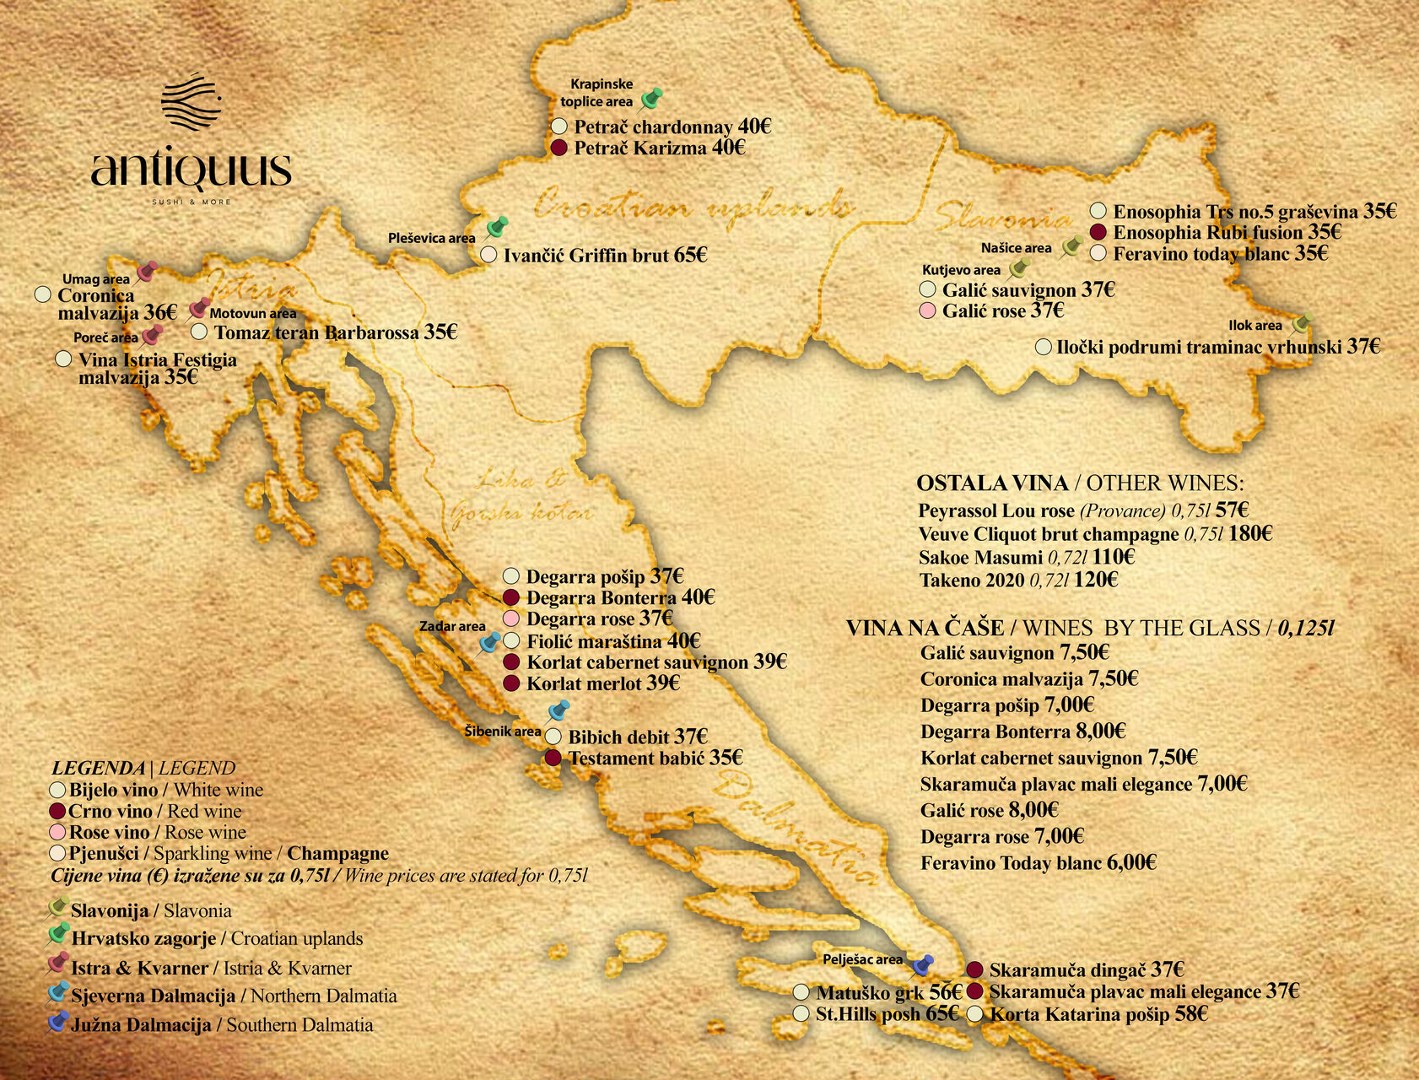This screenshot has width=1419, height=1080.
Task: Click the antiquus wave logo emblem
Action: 191,100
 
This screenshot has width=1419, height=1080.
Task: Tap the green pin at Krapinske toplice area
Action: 650,100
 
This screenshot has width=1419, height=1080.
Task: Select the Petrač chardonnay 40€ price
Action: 753,127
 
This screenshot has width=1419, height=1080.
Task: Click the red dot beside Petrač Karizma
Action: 558,148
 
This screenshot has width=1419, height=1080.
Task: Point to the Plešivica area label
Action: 431,238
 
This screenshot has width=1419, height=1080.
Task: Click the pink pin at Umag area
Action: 147,271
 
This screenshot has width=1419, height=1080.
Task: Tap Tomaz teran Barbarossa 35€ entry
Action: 335,332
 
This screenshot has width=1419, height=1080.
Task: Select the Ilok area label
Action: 1254,326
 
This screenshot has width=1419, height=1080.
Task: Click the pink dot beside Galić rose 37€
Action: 928,311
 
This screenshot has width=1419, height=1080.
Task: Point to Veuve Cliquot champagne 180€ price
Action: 1249,533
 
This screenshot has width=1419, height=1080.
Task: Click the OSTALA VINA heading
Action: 991,483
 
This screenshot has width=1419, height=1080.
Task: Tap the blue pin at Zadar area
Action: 489,644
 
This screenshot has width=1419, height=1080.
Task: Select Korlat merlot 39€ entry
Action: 602,683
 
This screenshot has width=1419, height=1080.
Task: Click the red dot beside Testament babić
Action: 553,758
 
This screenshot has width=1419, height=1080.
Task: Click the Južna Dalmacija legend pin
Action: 57,1023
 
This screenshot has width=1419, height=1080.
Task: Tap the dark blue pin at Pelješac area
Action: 923,964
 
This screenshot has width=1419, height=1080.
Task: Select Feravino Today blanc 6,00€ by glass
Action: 1038,863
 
